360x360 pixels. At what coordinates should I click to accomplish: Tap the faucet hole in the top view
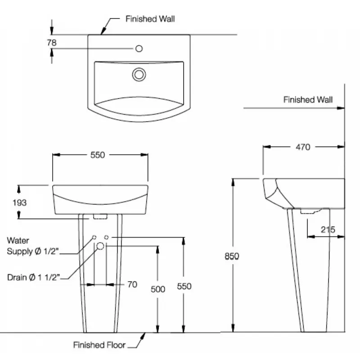(139, 48)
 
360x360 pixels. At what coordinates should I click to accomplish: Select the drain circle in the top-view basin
(139, 74)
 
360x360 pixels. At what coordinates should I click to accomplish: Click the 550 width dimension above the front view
(98, 155)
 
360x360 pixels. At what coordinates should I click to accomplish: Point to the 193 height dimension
(19, 202)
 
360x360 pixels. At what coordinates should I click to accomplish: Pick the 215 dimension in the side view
(328, 229)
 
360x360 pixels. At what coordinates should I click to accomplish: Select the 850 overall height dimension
(232, 256)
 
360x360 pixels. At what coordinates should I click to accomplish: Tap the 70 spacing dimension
(132, 284)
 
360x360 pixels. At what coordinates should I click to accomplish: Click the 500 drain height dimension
(158, 289)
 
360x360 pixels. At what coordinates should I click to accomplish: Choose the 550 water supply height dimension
(184, 286)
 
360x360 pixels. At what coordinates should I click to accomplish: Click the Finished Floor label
(99, 345)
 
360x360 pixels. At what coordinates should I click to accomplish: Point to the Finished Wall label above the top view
(150, 19)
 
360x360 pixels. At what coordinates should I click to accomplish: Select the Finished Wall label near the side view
(308, 99)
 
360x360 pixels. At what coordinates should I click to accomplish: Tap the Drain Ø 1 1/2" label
(33, 277)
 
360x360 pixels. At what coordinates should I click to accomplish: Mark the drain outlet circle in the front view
(100, 245)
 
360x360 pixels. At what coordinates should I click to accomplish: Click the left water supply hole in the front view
(94, 237)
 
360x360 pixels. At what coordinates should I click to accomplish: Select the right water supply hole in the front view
(107, 237)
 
